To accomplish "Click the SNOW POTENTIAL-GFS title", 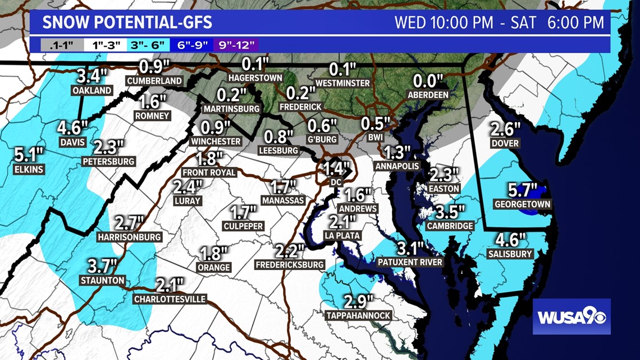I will [x=127, y=23].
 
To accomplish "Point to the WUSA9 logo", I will [x=572, y=316].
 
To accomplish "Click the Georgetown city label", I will [x=522, y=204].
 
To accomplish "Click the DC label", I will [x=336, y=182].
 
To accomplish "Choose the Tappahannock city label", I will [x=358, y=316].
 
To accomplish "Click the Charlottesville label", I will [x=170, y=299].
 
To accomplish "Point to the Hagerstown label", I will [x=254, y=77].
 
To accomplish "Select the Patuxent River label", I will [x=410, y=262].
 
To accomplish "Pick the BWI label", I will [x=375, y=136].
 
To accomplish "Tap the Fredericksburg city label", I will [x=290, y=264].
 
